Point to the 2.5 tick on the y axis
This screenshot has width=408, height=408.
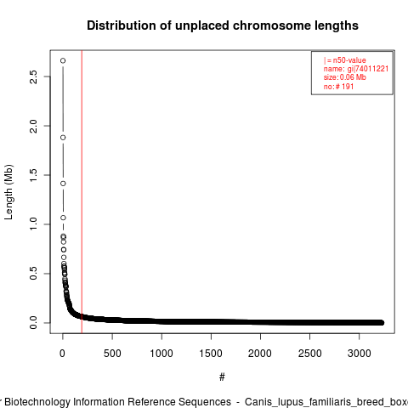tap(33, 76)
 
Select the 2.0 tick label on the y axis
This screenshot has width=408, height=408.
tap(33, 126)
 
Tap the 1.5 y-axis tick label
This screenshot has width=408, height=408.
tap(33, 175)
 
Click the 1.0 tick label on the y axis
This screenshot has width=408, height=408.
tap(33, 224)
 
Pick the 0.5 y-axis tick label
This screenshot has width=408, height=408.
tap(33, 274)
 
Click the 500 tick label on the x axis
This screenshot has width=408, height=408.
tap(112, 354)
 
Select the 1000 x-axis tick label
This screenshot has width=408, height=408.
tap(161, 354)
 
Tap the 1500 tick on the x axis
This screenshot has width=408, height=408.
tap(211, 354)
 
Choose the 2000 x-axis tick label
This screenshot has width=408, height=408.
tap(260, 354)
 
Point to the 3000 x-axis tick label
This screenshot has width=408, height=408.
tap(359, 354)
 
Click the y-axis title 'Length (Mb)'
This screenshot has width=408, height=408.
tap(8, 192)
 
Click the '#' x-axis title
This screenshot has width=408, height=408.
tap(222, 377)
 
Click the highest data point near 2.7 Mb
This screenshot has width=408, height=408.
tap(63, 60)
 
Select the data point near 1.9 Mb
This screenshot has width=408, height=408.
tap(63, 138)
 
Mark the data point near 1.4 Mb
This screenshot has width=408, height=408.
tap(63, 184)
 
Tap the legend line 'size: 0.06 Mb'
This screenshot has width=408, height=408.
tap(345, 77)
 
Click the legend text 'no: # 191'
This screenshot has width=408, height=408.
tap(338, 87)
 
